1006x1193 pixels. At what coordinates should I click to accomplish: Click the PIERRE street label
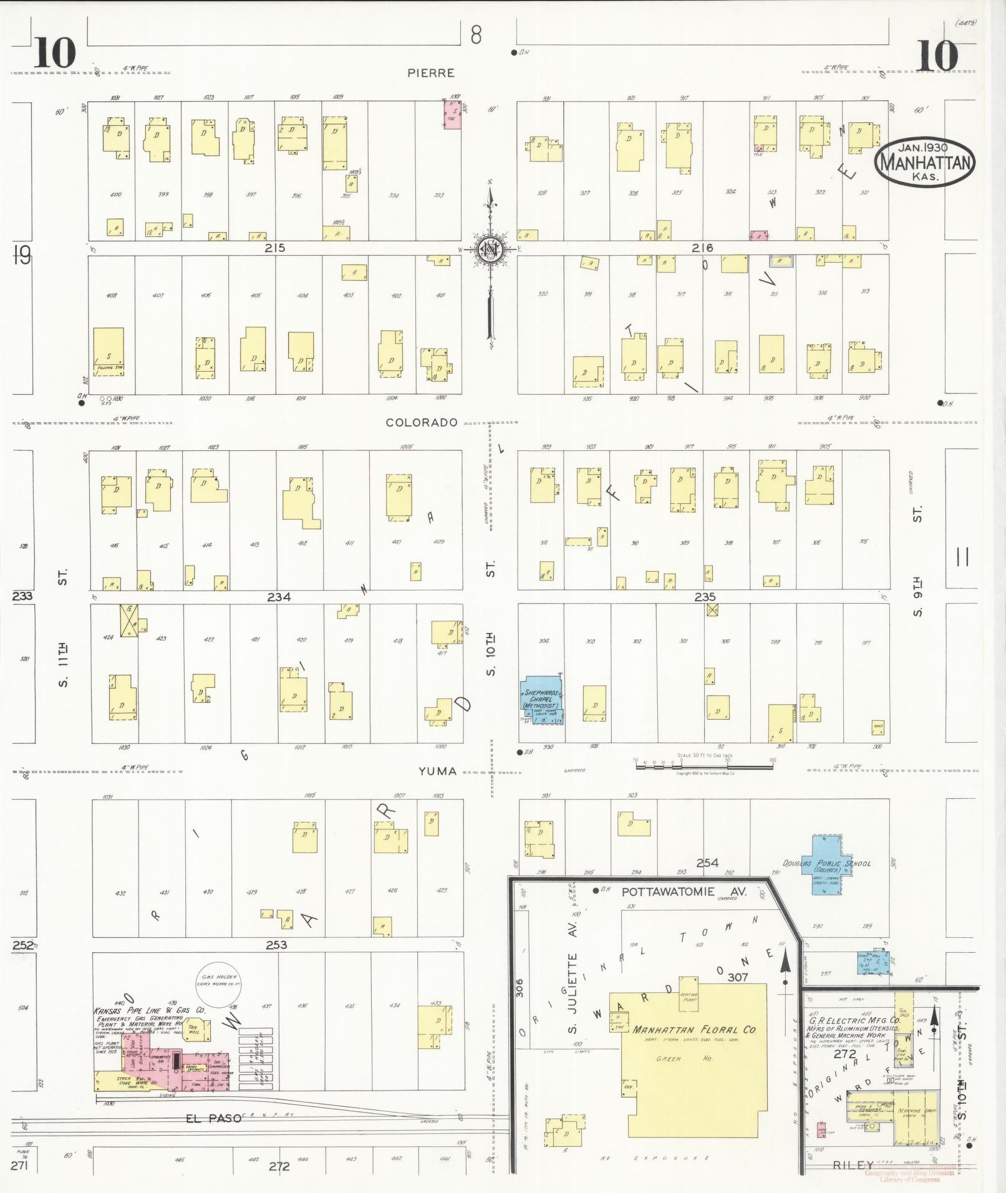(430, 73)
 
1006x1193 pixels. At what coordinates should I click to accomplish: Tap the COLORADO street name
(422, 422)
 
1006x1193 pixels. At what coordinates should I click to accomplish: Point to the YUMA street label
(437, 771)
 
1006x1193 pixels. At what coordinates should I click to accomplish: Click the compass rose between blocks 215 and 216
(490, 250)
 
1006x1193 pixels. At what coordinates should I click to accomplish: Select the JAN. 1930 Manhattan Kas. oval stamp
(924, 162)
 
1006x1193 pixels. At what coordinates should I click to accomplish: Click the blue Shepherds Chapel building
(542, 700)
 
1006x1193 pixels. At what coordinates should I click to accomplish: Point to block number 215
(274, 248)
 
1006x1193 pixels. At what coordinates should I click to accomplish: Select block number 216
(702, 248)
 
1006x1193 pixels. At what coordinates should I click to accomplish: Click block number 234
(279, 597)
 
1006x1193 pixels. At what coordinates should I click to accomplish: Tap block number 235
(705, 597)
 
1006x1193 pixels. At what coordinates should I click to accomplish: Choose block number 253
(276, 945)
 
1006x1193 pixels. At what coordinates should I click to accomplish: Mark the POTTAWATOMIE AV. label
(684, 892)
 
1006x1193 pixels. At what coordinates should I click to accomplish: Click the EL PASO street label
(213, 1119)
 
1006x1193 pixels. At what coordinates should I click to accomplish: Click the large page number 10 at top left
(55, 54)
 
